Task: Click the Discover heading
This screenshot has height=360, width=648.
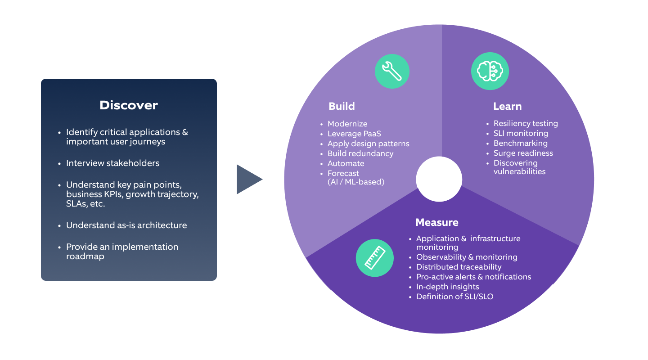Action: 129,105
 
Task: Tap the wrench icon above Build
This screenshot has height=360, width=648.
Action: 392,71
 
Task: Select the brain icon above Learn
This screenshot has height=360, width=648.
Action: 490,71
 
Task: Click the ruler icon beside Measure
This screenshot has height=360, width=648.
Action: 374,258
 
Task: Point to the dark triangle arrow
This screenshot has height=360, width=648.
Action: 248,179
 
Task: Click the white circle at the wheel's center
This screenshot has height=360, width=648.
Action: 439,179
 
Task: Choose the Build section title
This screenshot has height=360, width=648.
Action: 342,106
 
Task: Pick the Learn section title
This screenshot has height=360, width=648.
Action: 507,106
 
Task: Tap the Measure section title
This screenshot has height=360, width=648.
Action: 436,222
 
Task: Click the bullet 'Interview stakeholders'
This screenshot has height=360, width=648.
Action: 112,163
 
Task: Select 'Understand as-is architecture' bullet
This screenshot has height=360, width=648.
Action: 126,225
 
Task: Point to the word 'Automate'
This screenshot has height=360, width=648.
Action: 346,163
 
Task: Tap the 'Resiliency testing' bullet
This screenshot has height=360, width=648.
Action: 525,123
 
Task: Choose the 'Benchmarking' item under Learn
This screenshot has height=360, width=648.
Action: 520,143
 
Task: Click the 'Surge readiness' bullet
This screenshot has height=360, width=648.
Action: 523,153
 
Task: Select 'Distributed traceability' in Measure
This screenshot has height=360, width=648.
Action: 459,267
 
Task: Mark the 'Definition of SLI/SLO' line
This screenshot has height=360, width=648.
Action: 454,297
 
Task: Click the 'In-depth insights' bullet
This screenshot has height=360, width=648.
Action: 447,287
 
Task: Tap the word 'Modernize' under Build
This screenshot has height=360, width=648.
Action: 347,124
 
